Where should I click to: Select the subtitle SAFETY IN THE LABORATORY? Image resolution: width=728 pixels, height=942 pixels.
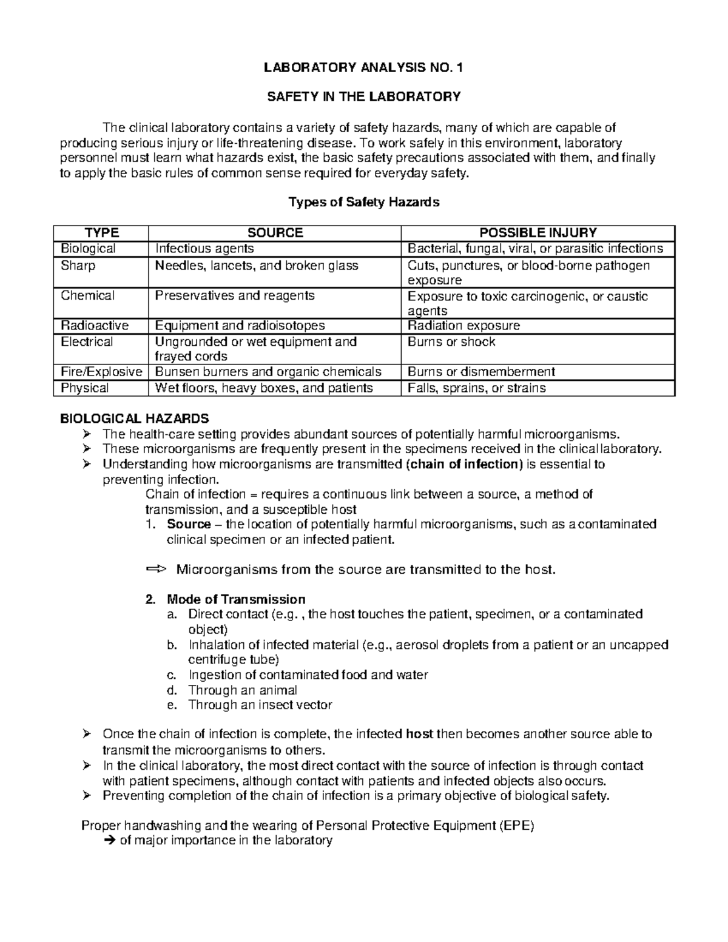363,96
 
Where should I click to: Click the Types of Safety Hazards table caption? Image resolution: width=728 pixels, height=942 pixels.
363,203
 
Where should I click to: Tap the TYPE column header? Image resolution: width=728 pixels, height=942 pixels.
101,233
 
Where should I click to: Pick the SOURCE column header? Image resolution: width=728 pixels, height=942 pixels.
275,233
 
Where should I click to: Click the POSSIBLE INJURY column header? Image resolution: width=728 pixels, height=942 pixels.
538,233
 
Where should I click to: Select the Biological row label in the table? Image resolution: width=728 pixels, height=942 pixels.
88,249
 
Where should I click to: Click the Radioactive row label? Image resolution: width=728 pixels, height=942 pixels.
95,326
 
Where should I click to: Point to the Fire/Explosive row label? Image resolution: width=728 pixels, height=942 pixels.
101,372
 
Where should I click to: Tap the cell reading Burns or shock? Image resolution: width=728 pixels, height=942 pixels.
451,342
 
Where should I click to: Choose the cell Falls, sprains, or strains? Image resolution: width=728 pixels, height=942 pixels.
476,388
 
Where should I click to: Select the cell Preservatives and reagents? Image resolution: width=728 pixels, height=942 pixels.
235,296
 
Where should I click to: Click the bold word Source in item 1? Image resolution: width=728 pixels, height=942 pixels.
189,524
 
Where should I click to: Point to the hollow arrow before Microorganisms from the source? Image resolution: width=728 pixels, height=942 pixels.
155,570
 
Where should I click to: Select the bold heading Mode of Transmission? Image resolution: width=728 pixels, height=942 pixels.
236,599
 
